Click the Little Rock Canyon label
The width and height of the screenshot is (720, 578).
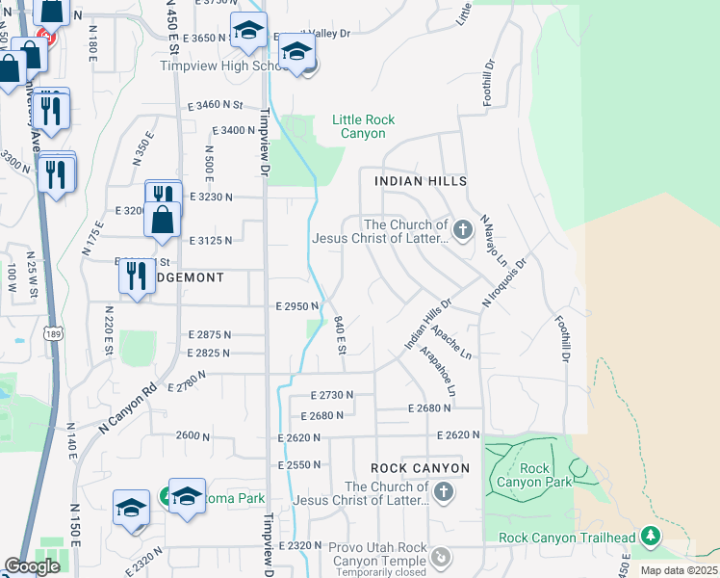point(363,126)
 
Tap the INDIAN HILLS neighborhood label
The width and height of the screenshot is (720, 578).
point(420,181)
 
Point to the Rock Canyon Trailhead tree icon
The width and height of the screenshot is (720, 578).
point(653,536)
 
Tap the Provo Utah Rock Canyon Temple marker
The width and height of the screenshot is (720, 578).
point(441,557)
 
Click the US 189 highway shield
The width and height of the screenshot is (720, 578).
point(52,332)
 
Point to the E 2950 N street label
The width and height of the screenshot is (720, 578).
point(296,306)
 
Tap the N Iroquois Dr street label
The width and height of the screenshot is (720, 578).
point(505,282)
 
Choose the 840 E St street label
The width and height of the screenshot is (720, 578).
point(341,336)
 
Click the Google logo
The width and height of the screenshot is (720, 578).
point(32,566)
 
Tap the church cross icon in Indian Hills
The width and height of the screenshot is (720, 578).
point(463,229)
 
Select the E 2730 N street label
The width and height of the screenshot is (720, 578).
point(332,395)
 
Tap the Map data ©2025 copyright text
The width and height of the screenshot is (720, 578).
point(679,570)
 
